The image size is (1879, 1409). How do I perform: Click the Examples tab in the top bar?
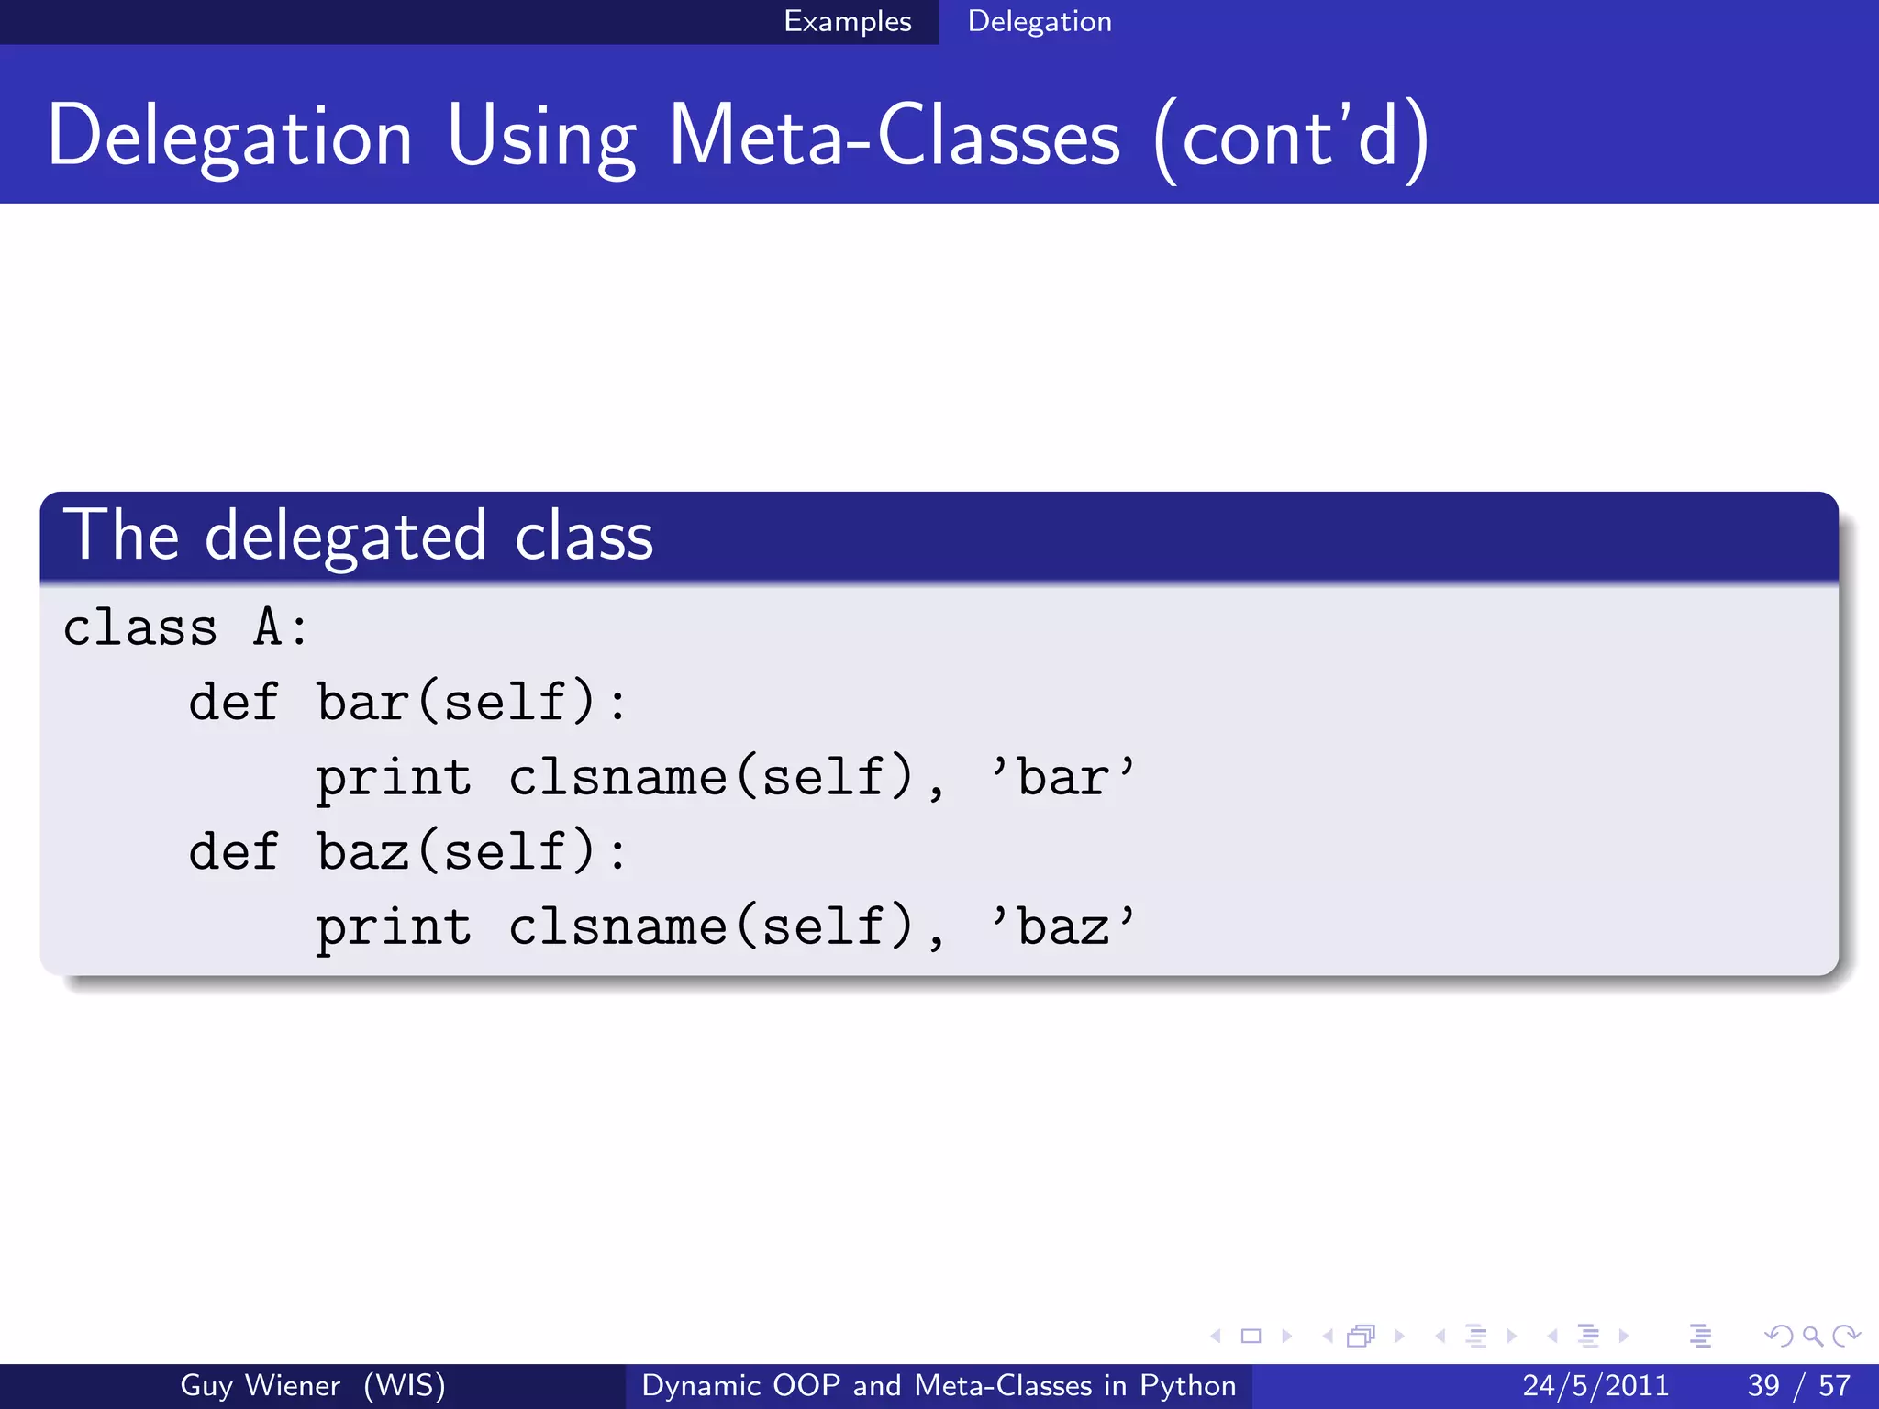click(847, 21)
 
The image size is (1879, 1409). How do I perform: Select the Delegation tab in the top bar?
click(1039, 21)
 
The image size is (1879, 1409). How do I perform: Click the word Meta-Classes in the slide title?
click(894, 138)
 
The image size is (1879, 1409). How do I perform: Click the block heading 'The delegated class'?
click(358, 536)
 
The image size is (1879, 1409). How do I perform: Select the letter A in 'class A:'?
click(267, 628)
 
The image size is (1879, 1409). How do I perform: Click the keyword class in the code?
click(139, 628)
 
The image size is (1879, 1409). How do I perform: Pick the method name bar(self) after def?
click(456, 703)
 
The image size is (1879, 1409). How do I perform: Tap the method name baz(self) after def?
click(456, 851)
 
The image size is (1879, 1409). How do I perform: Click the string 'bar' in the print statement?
click(1062, 777)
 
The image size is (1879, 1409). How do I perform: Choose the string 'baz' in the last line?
click(1062, 926)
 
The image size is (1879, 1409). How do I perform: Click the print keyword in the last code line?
click(394, 927)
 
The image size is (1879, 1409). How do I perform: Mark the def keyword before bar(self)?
click(233, 703)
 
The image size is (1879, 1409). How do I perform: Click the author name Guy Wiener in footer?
click(260, 1385)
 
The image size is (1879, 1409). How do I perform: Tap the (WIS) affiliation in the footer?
click(404, 1385)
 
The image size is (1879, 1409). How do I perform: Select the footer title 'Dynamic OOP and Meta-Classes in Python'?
click(939, 1385)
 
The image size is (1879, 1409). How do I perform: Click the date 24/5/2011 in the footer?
click(1595, 1385)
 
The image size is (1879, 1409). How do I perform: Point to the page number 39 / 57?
click(1798, 1385)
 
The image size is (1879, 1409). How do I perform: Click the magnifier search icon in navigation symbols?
click(1812, 1337)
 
